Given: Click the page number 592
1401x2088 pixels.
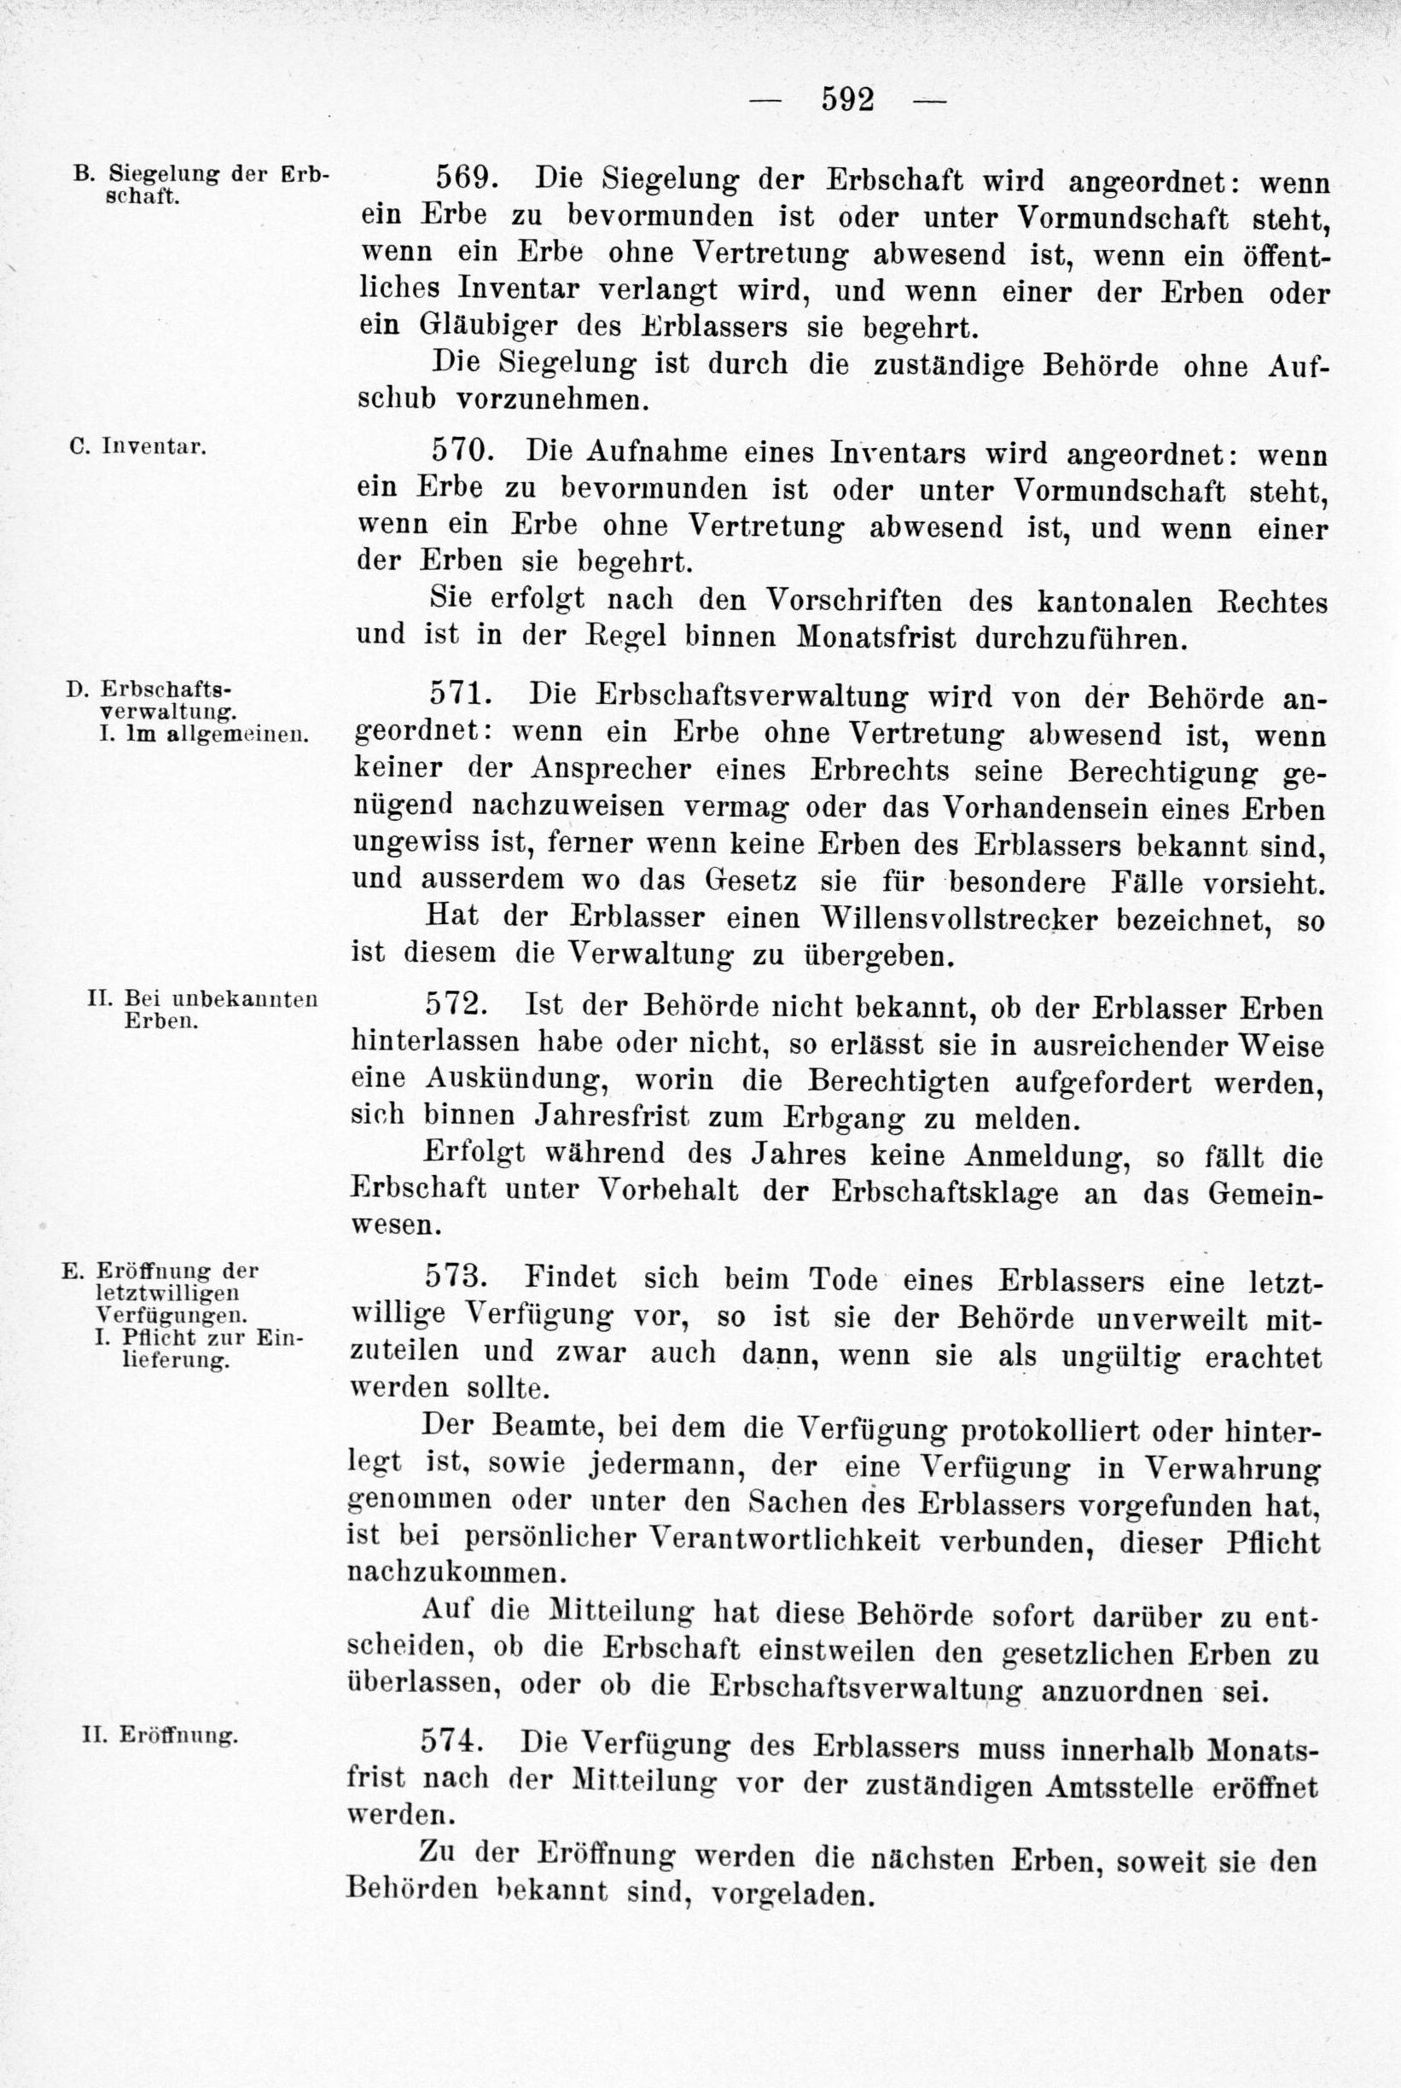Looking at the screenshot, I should point(847,98).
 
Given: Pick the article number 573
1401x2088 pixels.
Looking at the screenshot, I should point(456,1277).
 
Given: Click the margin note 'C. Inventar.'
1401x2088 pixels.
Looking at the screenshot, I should point(137,445).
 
